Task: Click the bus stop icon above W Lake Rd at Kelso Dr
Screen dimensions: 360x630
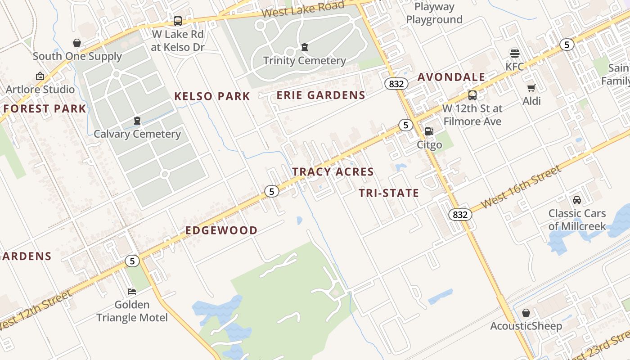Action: click(x=178, y=21)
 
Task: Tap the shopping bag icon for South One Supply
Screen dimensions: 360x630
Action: click(x=77, y=43)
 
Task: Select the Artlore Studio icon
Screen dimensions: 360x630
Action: click(x=40, y=76)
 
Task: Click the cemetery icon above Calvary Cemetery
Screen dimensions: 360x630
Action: click(x=137, y=121)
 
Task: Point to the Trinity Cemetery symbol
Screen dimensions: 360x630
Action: click(x=305, y=47)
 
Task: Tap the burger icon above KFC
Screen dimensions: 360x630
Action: click(x=515, y=54)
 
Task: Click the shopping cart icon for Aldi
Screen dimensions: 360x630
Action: click(x=531, y=88)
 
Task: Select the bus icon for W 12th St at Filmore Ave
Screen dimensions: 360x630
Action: click(x=472, y=95)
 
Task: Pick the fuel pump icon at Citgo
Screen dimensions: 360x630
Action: click(x=429, y=131)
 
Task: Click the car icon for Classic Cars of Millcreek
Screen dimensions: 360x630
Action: click(x=577, y=200)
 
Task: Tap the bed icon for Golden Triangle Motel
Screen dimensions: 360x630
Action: click(x=132, y=292)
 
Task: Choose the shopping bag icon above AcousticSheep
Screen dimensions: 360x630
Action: click(x=526, y=312)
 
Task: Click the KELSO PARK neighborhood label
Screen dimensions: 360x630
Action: click(x=212, y=96)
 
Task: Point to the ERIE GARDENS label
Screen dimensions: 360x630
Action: click(x=321, y=95)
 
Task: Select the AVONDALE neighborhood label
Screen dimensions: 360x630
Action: click(x=451, y=77)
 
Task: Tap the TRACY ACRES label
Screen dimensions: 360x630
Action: click(x=333, y=171)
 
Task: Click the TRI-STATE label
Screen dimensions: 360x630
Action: click(x=389, y=193)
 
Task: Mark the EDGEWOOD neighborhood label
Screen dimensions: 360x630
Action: click(x=221, y=230)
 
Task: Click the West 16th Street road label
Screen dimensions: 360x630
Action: click(x=521, y=187)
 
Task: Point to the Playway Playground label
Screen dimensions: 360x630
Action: click(x=434, y=13)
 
